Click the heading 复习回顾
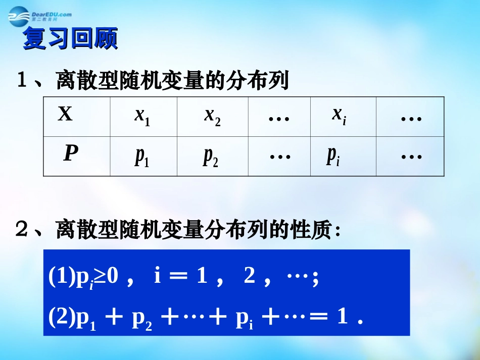tap(70, 40)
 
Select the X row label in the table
tap(65, 115)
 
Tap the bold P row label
tap(71, 153)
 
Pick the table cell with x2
tap(212, 116)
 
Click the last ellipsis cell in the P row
tap(410, 157)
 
